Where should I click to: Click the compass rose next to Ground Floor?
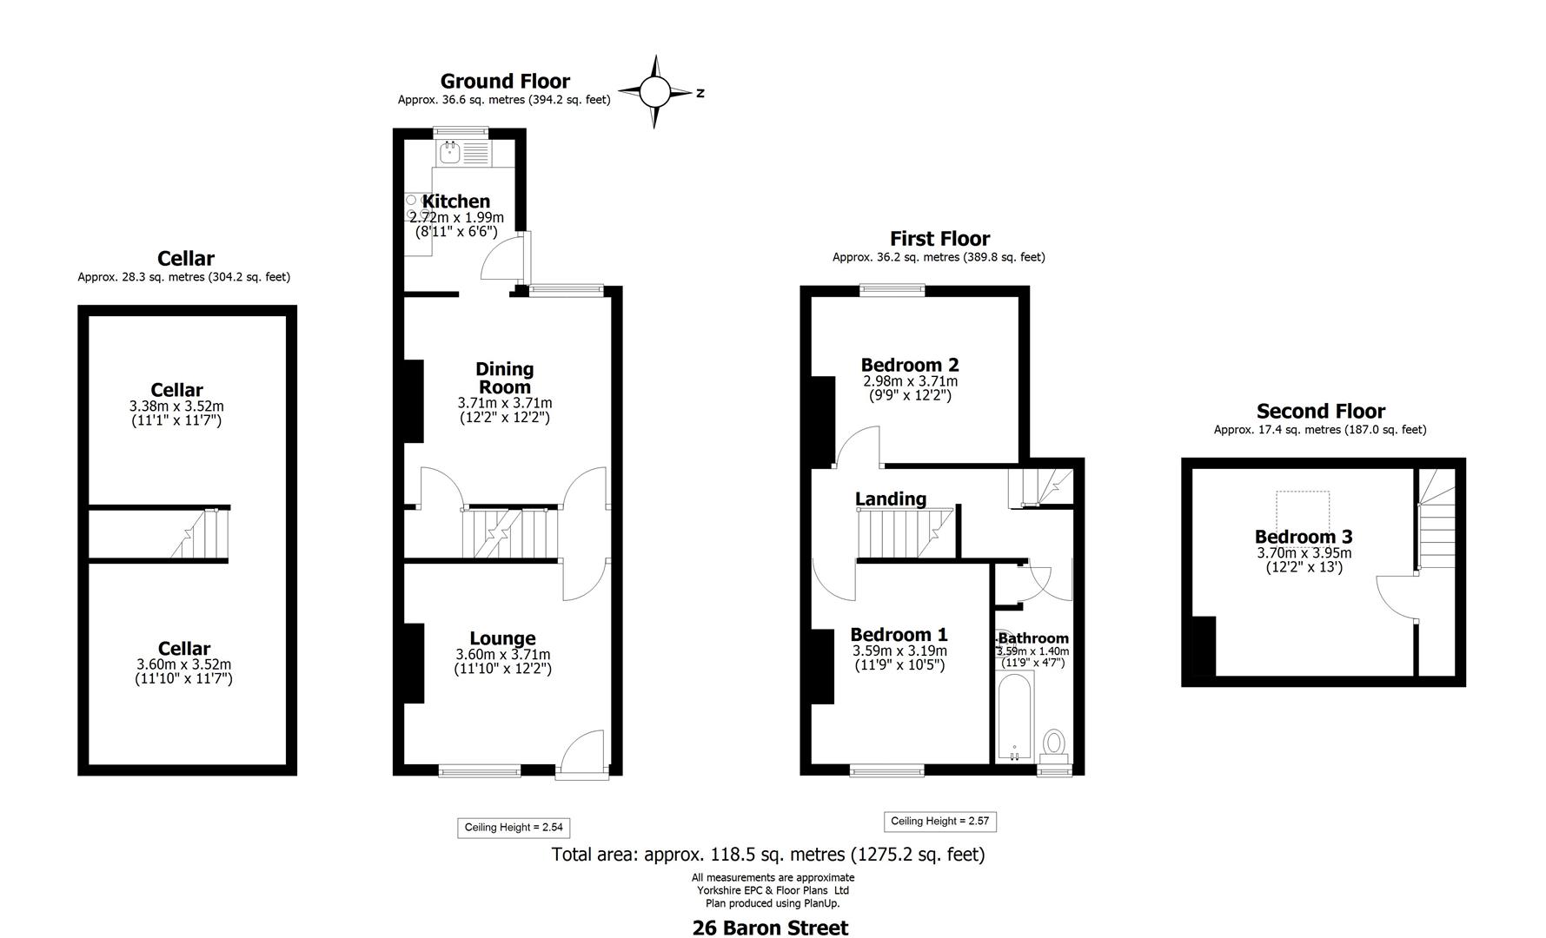pos(655,91)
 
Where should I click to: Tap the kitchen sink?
pos(451,154)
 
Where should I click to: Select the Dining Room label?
pos(505,378)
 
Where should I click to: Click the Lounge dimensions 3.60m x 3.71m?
pos(502,655)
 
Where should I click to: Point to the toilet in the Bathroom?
pos(1055,743)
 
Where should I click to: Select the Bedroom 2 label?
pos(910,365)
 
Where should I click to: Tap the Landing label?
pos(890,499)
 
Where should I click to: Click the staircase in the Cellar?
pos(200,534)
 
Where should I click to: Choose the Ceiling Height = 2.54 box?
pos(514,828)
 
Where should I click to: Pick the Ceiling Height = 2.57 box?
pos(940,822)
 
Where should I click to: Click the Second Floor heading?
pos(1320,411)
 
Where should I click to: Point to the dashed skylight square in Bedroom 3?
pos(1302,509)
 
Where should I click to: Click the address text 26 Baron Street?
pos(770,928)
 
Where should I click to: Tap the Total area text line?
pos(768,855)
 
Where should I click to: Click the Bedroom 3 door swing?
pos(1396,597)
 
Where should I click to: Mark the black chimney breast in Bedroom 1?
pos(823,666)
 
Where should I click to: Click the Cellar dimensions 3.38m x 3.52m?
pos(176,406)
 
